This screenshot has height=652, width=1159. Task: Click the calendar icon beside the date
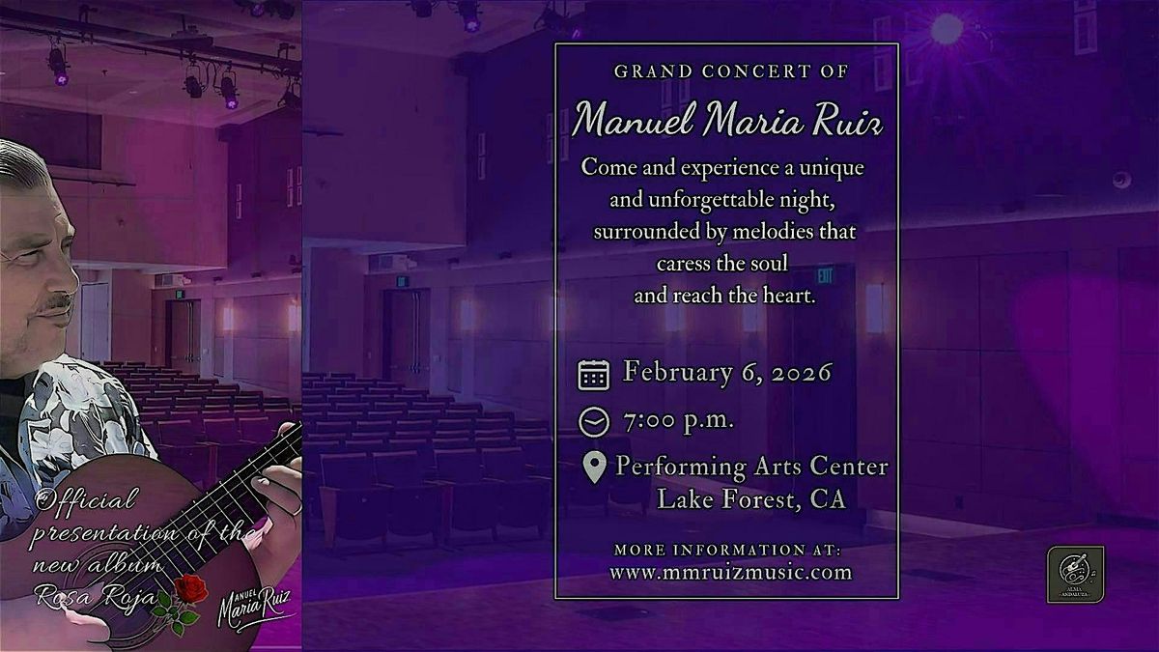[x=594, y=374]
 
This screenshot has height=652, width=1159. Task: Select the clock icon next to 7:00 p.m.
[x=593, y=422]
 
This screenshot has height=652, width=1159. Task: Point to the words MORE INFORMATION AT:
[x=727, y=550]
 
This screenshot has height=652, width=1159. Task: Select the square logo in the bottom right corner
[x=1075, y=574]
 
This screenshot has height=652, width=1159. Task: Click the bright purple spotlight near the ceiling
[x=946, y=28]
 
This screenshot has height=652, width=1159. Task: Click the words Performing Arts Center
[x=751, y=468]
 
